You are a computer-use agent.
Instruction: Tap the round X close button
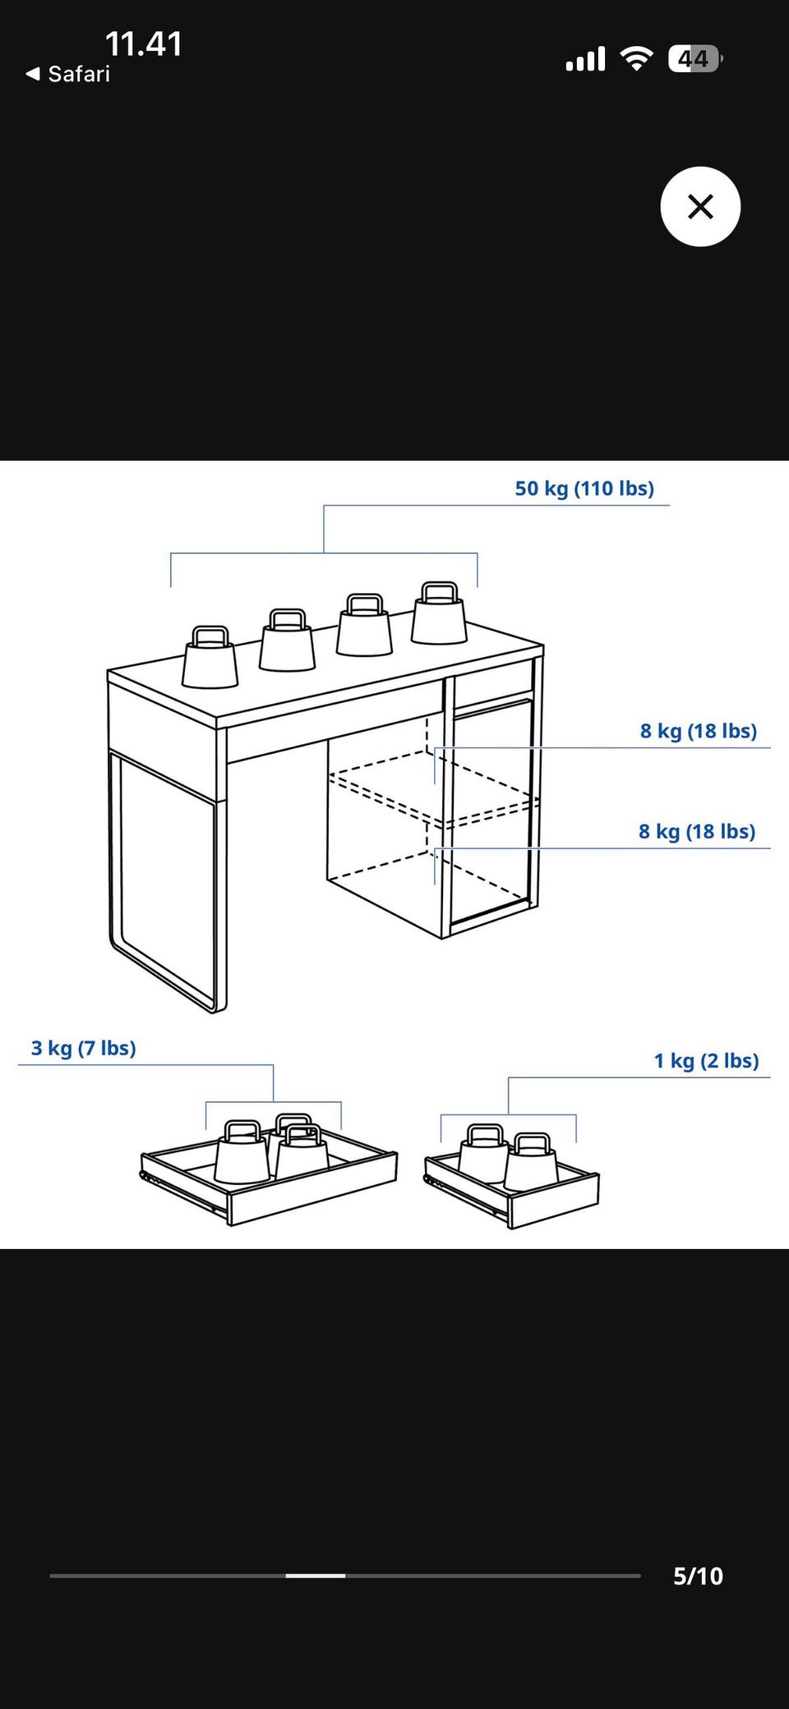700,206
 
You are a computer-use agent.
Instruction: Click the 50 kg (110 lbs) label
584,489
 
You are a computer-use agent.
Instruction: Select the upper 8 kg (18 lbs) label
699,731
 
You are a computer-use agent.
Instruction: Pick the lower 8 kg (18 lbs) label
697,831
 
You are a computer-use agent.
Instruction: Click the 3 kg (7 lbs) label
84,1048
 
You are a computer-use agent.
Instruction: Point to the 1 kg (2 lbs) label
707,1060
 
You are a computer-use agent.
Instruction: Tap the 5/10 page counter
698,1576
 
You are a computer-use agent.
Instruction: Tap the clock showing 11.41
144,44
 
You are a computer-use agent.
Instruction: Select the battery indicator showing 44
695,58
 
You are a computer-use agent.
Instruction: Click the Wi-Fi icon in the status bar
636,58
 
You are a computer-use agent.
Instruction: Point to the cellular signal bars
585,58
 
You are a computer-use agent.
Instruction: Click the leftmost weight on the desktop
210,657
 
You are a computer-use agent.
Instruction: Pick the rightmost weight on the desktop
439,613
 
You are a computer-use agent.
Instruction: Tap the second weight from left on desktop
287,641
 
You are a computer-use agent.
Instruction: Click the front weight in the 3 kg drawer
242,1152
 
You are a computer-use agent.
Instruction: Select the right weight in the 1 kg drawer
532,1162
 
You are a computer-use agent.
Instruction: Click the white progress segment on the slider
316,1576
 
